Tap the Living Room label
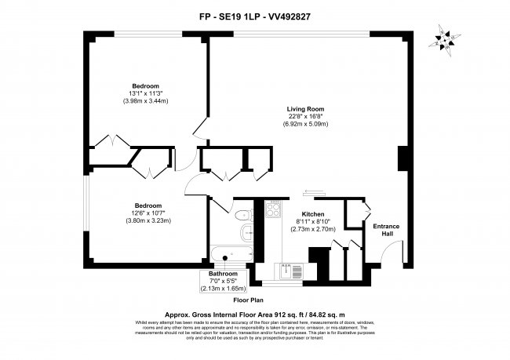pyautogui.click(x=305, y=109)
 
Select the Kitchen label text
pyautogui.click(x=313, y=213)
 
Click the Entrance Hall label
pyautogui.click(x=385, y=231)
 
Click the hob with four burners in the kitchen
pyautogui.click(x=274, y=209)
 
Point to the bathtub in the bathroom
pyautogui.click(x=229, y=254)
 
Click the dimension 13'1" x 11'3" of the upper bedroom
pyautogui.click(x=145, y=93)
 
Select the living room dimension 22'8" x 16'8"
pyautogui.click(x=305, y=117)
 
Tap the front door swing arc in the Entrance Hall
pyautogui.click(x=389, y=253)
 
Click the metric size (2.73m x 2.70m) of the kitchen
pyautogui.click(x=313, y=229)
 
